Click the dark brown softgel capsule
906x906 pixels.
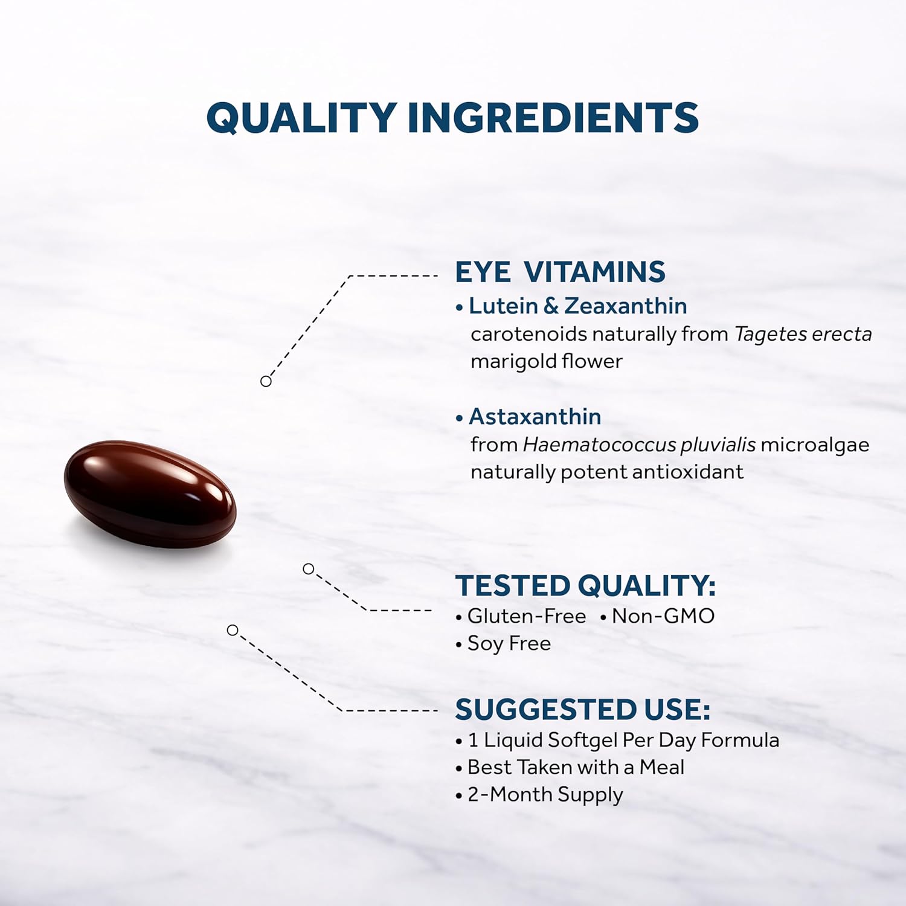[x=150, y=494]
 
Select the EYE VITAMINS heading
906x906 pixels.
[x=560, y=272]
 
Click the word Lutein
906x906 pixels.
[x=503, y=306]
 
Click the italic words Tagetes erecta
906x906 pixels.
[x=803, y=334]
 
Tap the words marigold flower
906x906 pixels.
[x=546, y=361]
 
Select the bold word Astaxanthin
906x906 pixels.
[x=535, y=417]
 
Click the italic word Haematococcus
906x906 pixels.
[x=599, y=445]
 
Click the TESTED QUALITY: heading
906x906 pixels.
[x=585, y=585]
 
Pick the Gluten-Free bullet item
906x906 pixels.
[x=526, y=616]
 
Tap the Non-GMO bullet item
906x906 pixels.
[x=663, y=616]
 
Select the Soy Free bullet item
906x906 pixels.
[x=509, y=643]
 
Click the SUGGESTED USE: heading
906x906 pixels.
[x=582, y=710]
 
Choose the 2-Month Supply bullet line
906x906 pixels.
[x=545, y=794]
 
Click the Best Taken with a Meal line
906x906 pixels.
[x=576, y=767]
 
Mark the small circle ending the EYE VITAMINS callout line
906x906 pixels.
[x=266, y=381]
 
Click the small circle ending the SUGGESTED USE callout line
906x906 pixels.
[x=233, y=631]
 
